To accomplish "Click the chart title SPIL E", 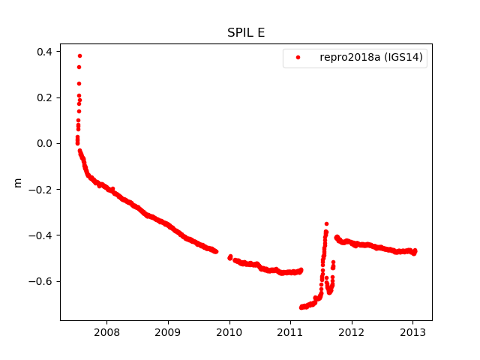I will coord(246,33).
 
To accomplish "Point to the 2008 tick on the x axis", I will coord(107,331).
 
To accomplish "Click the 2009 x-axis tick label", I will coord(168,331).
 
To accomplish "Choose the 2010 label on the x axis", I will coord(229,331).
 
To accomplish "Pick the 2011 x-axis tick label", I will coord(290,331).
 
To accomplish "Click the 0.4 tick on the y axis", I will coord(44,52).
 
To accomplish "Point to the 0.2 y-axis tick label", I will coord(44,97).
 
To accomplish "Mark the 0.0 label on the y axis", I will coord(44,143).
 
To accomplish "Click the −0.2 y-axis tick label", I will coord(41,190).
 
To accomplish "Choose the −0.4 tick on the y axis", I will coord(41,235).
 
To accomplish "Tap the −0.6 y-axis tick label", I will coord(41,281).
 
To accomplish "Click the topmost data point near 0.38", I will coord(79,56).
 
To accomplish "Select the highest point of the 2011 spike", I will coord(326,223).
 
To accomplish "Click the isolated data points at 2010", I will coord(229,256).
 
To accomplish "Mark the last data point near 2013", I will coord(415,250).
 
